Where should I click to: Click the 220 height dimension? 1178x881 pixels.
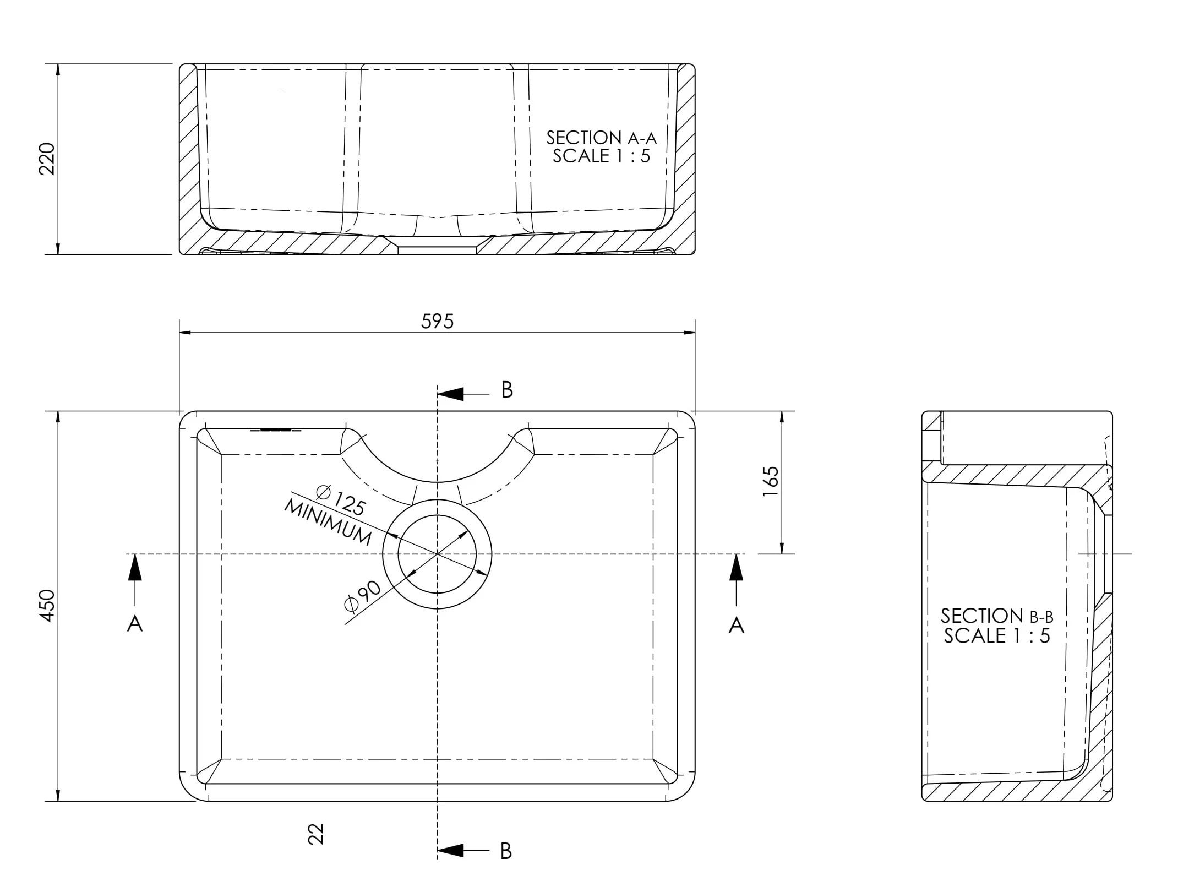47,159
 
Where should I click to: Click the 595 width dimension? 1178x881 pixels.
437,322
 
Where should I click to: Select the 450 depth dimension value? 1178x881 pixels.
47,606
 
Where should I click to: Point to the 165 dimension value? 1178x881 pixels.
771,482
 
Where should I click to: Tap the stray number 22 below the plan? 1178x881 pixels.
316,834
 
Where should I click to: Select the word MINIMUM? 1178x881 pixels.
328,521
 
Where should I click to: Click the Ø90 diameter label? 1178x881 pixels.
362,596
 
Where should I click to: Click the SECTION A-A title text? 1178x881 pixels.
601,138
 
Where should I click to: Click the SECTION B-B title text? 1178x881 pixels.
996,616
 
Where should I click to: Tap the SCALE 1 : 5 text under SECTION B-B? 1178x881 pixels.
996,636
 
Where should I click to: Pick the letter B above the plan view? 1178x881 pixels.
507,390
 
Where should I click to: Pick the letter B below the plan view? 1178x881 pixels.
506,851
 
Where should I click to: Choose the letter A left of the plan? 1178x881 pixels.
135,624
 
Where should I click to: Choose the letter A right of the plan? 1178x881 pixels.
736,625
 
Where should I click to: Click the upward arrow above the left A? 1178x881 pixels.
135,568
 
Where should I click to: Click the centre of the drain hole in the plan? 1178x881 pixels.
437,554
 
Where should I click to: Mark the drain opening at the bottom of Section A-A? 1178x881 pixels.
437,249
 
